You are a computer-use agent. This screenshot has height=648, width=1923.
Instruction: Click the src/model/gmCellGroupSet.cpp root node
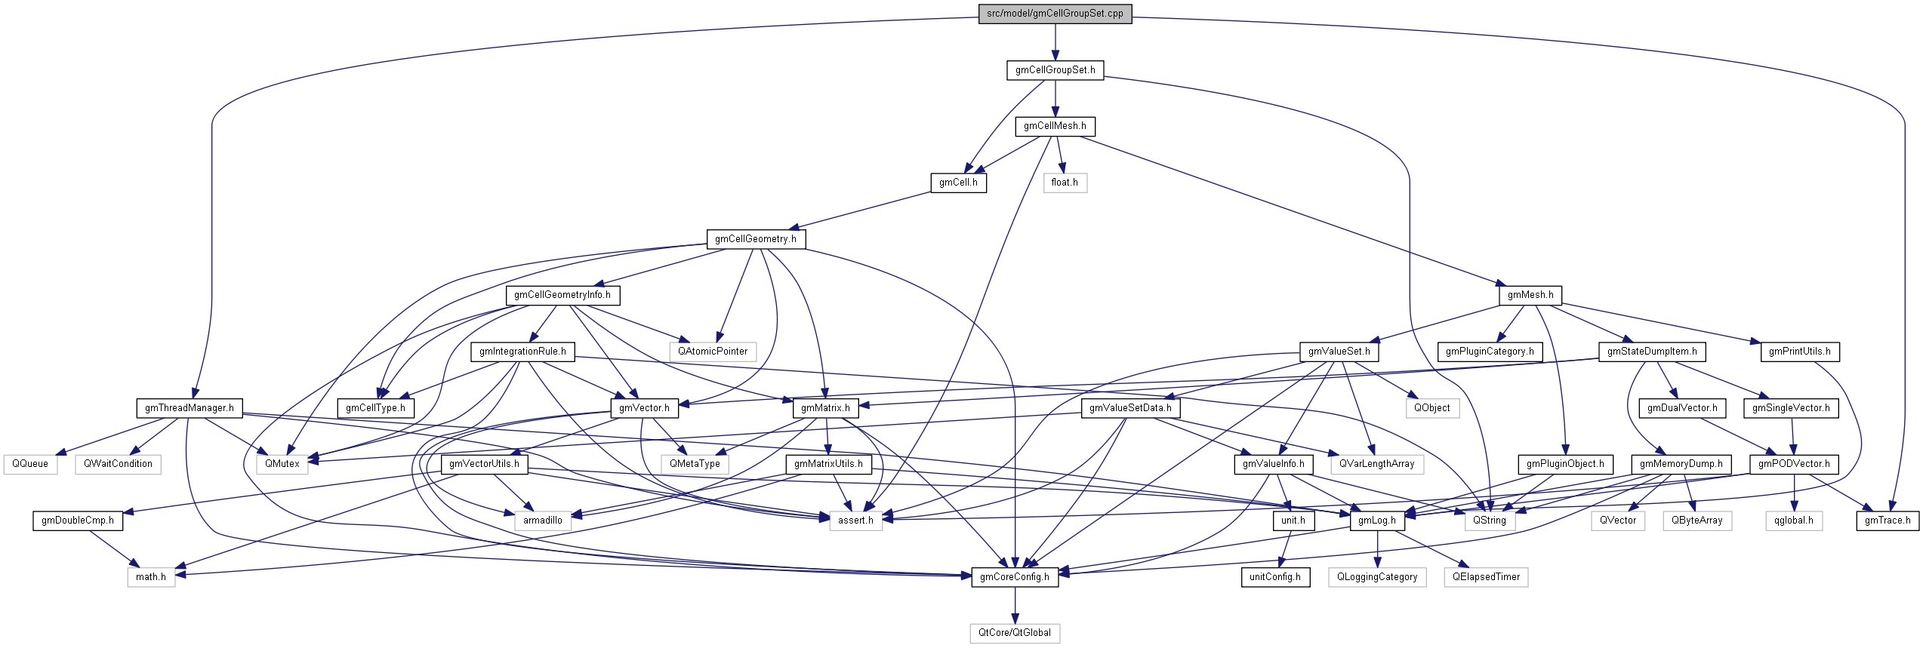pos(1055,14)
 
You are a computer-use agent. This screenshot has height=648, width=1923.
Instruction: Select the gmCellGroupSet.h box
pos(1055,70)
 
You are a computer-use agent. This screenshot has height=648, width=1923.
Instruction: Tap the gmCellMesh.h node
pos(1055,126)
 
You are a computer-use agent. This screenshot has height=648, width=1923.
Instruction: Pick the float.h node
pos(1065,183)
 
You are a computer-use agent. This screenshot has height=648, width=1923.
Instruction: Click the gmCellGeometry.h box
pos(755,239)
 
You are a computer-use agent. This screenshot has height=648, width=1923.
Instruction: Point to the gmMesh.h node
pos(1530,295)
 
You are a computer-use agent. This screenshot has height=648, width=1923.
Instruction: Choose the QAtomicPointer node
pos(712,352)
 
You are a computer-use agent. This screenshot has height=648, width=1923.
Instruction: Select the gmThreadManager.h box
pos(190,408)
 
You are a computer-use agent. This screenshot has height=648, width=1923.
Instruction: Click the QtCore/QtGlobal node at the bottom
pos(1014,633)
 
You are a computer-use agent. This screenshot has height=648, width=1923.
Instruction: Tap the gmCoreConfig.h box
pos(1014,577)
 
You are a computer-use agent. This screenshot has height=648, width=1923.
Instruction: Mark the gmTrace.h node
pos(1887,521)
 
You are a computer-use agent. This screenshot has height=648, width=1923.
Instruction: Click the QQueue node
pos(30,464)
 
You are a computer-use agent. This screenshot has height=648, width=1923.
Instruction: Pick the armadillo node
pos(542,521)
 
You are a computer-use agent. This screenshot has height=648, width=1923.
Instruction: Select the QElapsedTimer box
pos(1486,577)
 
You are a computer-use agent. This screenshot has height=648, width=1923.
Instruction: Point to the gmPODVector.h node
pos(1793,464)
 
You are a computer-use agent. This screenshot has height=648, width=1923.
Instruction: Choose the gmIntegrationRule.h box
pos(522,352)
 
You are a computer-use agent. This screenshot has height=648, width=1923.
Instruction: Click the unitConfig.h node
pos(1274,577)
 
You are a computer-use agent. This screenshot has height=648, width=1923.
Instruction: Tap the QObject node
pos(1431,408)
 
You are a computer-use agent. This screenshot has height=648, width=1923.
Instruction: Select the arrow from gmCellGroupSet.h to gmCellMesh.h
pos(1055,98)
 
